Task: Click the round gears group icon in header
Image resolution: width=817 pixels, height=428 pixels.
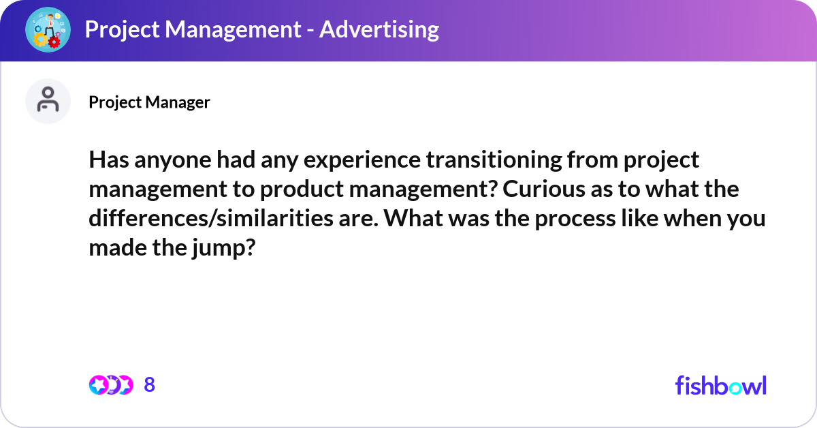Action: (48, 29)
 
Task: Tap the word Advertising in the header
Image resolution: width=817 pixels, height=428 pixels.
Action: (379, 29)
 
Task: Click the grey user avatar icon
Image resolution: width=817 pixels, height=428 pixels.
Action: (48, 101)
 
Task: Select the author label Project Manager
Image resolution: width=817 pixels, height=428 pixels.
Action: (149, 102)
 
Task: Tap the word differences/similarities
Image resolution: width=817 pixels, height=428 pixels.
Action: (211, 218)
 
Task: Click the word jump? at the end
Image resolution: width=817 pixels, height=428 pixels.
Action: (224, 248)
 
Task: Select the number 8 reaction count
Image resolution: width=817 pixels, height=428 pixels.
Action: (150, 384)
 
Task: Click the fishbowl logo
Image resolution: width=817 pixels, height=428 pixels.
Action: (721, 385)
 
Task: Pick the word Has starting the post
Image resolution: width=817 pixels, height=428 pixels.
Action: (109, 160)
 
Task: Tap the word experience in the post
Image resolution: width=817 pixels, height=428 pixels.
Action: (362, 161)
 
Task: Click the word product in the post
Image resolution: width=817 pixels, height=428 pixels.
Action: (302, 190)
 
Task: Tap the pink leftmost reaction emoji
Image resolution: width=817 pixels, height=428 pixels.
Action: (99, 385)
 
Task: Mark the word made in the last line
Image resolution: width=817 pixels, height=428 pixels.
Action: (118, 247)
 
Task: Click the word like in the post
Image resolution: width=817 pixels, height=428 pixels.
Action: (640, 218)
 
